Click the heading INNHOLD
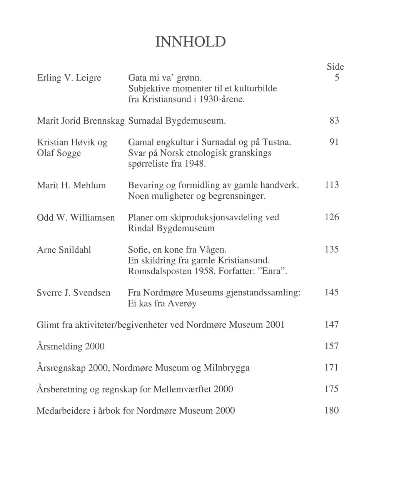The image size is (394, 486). tap(190, 42)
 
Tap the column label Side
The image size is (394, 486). tap(335, 67)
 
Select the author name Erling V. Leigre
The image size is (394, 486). tap(69, 78)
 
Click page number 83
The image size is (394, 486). tap(334, 121)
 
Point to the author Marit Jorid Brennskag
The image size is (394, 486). tap(80, 121)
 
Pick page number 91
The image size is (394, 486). tap(334, 142)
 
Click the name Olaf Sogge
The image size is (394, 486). tap(59, 153)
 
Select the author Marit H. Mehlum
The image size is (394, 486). tap(71, 185)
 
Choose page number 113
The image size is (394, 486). tap(332, 185)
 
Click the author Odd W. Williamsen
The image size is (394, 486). tap(76, 218)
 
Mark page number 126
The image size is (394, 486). tap(332, 218)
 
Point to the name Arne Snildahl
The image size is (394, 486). tap(64, 250)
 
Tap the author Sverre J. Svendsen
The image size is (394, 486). tap(73, 293)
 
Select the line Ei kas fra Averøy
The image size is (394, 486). tap(162, 303)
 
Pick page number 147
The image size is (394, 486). tap(332, 325)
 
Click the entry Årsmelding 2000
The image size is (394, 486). tap(70, 346)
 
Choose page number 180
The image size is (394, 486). tap(332, 411)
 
